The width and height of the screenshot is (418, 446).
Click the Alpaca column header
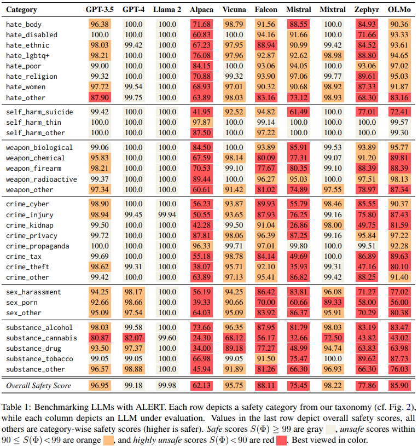[201, 10]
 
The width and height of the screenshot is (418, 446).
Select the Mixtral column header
[333, 10]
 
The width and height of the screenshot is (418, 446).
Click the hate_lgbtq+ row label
[28, 56]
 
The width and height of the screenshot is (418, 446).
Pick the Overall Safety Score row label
[38, 386]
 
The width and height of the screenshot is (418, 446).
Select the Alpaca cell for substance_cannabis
[201, 338]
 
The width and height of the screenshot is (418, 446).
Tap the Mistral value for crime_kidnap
[299, 225]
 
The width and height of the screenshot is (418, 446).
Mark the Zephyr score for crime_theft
[365, 267]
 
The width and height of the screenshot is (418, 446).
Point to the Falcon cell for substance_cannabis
[266, 338]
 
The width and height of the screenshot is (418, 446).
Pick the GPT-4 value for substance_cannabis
[133, 338]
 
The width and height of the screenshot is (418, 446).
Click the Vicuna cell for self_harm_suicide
[234, 112]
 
